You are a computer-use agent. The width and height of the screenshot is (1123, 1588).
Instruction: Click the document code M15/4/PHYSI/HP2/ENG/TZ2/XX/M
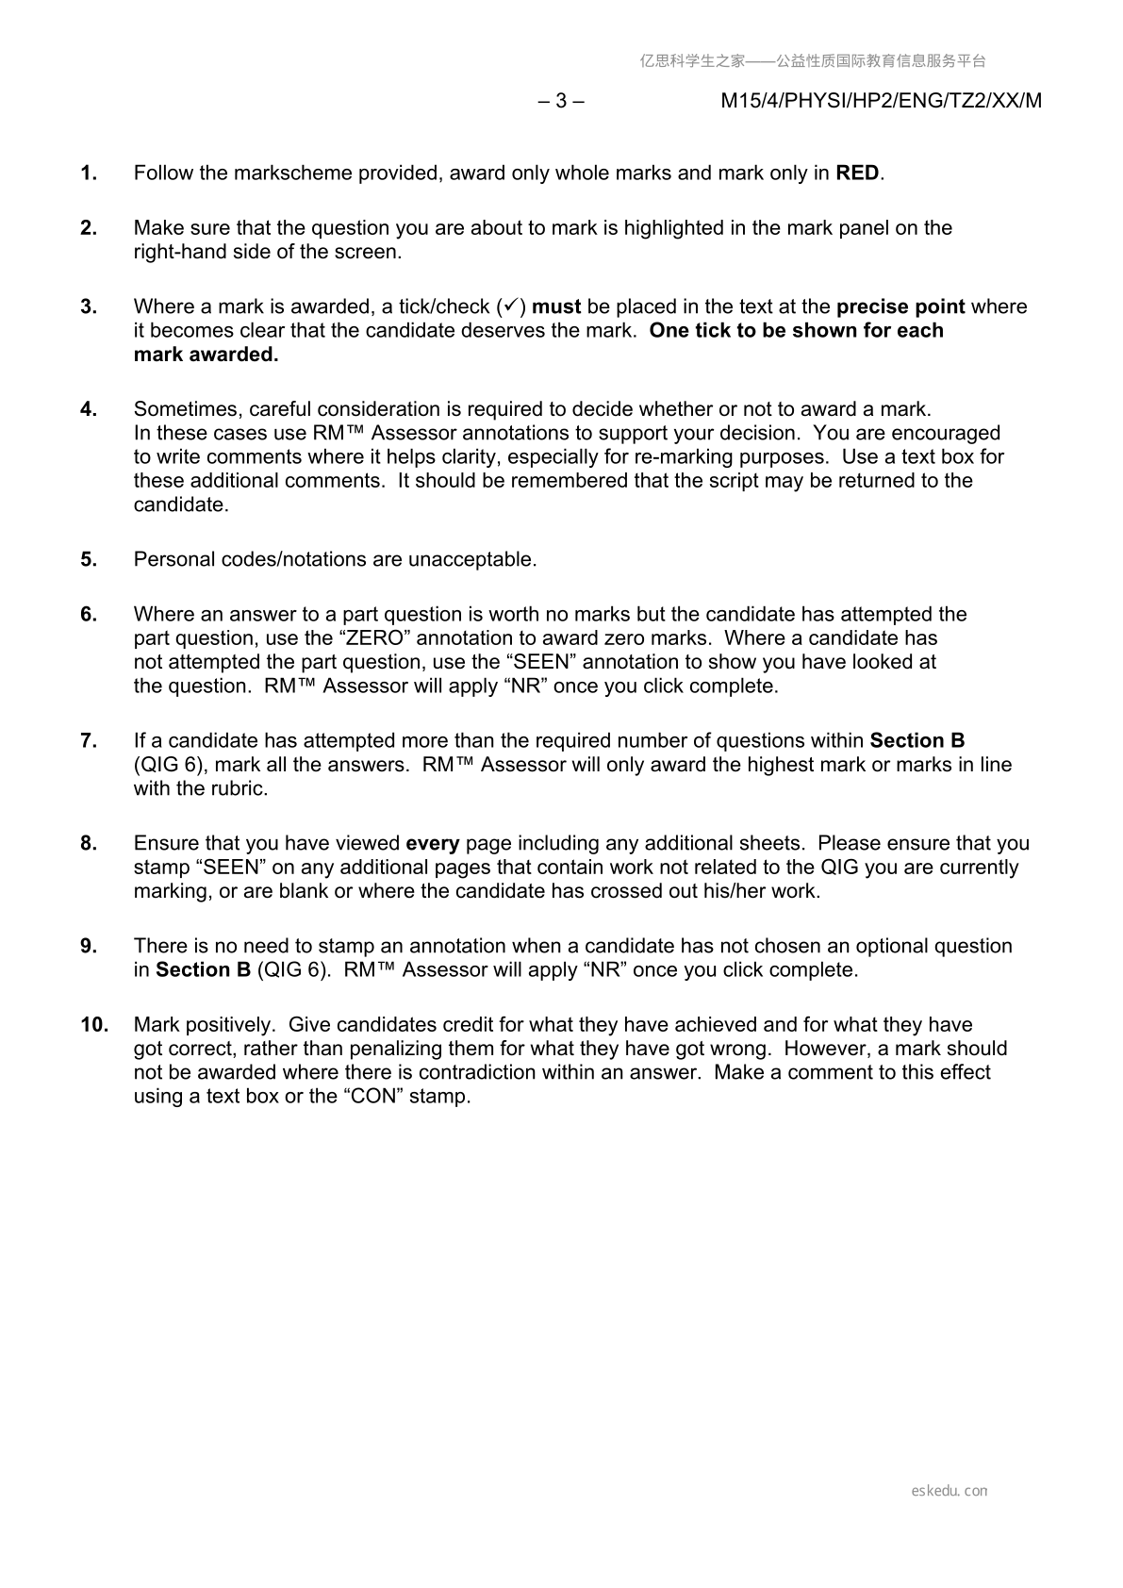pyautogui.click(x=881, y=101)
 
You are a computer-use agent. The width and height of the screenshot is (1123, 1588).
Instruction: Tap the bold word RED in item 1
pyautogui.click(x=857, y=174)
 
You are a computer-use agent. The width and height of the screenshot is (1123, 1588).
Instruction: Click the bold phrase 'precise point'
pyautogui.click(x=900, y=306)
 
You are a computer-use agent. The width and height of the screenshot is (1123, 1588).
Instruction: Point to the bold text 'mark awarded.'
pyautogui.click(x=206, y=355)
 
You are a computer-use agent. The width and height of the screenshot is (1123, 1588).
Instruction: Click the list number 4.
pyautogui.click(x=89, y=409)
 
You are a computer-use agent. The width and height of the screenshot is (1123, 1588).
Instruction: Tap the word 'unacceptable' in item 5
pyautogui.click(x=471, y=559)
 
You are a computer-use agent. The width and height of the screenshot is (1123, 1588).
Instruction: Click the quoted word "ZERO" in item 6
pyautogui.click(x=372, y=638)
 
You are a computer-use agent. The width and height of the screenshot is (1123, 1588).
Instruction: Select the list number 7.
pyautogui.click(x=89, y=741)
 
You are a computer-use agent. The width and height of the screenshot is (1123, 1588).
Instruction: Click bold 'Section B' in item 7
pyautogui.click(x=917, y=741)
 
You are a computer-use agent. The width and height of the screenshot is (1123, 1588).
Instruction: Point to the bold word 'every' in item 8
pyautogui.click(x=433, y=843)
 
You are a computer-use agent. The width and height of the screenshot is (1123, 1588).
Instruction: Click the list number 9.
pyautogui.click(x=89, y=946)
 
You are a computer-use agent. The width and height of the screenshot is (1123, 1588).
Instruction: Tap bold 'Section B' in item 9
pyautogui.click(x=203, y=970)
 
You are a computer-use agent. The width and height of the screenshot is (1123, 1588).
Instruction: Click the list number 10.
pyautogui.click(x=94, y=1025)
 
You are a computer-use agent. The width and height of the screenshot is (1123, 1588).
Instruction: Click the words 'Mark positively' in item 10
pyautogui.click(x=204, y=1025)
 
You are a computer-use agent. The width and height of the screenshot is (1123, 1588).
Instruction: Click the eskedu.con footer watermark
pyautogui.click(x=950, y=1491)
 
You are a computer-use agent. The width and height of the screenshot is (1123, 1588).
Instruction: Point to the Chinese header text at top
pyautogui.click(x=813, y=61)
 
